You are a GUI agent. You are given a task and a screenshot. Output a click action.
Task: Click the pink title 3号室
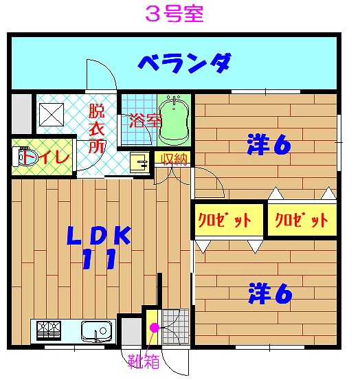[x=175, y=14]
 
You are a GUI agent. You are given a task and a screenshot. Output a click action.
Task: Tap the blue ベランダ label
[x=184, y=63]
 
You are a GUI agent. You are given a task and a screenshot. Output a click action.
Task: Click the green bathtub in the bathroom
[x=174, y=121]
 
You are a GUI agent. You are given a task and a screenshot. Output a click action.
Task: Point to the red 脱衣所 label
[x=97, y=128]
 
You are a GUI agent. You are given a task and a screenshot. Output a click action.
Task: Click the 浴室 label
[x=145, y=121]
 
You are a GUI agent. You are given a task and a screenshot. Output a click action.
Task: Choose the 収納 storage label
[x=175, y=159]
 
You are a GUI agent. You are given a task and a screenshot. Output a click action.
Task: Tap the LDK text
[x=99, y=236]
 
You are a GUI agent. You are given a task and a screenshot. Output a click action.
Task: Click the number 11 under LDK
[x=99, y=259]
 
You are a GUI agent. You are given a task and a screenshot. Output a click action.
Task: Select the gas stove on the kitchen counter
[x=49, y=330]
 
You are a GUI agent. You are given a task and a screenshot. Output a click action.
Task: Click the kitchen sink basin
[x=96, y=331]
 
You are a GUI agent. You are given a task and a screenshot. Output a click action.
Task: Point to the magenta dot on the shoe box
[x=154, y=328]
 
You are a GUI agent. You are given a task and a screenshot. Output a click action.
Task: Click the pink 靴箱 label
[x=144, y=361]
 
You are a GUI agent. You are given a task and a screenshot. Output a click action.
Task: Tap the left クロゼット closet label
[x=225, y=220]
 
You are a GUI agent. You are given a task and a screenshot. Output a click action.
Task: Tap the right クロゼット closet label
[x=302, y=220]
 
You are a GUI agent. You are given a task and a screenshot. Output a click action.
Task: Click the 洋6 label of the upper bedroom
[x=269, y=144]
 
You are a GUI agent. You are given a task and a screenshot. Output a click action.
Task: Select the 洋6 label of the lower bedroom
[x=270, y=293]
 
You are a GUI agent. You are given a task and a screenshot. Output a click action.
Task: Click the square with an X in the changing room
[x=52, y=115]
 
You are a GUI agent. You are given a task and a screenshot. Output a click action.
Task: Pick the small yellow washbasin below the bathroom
[x=139, y=161]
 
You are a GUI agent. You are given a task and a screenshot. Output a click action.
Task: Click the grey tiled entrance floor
[x=175, y=327]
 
